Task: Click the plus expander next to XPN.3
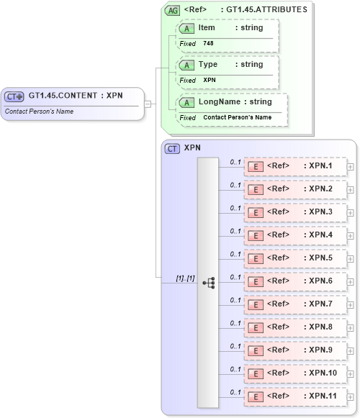tap(351, 212)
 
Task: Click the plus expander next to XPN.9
tap(351, 350)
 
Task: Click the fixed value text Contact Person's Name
tap(237, 117)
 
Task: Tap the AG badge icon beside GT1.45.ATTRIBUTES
tap(172, 10)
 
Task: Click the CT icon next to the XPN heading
tap(172, 148)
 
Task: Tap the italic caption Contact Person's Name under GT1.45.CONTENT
tap(39, 112)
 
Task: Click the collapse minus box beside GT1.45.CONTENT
tap(148, 104)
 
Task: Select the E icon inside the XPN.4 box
tap(254, 235)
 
